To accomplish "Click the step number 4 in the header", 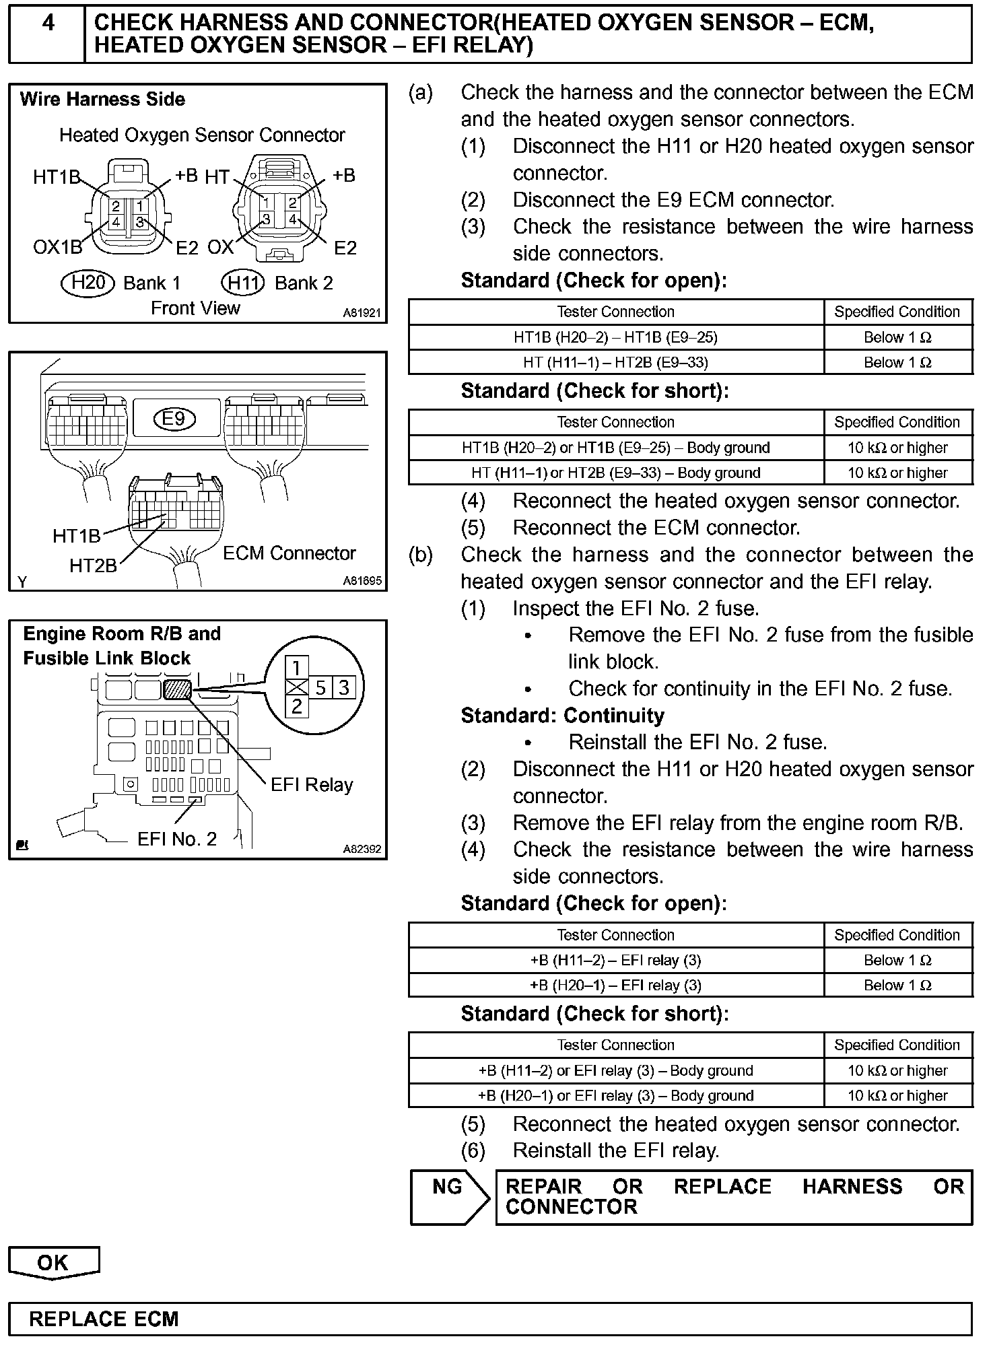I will coord(48,24).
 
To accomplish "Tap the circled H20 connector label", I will coord(88,282).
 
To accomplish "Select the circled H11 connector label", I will coord(243,282).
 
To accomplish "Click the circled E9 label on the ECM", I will coord(174,419).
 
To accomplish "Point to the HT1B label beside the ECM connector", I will coord(76,537).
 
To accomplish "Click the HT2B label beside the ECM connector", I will coord(93,565).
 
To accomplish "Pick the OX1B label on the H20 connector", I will coord(57,248).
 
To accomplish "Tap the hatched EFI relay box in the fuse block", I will coord(178,689).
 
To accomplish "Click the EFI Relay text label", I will coord(312,785).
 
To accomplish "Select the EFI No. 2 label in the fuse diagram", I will coord(177,839).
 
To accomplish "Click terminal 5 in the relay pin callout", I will coord(320,687).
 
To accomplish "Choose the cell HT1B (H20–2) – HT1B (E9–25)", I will coord(615,337).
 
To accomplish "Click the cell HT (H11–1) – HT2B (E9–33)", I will coord(615,362).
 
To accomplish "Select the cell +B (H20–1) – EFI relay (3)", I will coord(615,986).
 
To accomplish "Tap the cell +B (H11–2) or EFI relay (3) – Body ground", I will coord(615,1070).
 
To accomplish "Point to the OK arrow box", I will coord(53,1263).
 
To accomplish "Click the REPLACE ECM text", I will coord(104,1319).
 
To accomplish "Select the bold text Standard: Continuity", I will coord(562,715).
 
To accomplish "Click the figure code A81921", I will coord(362,313).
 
